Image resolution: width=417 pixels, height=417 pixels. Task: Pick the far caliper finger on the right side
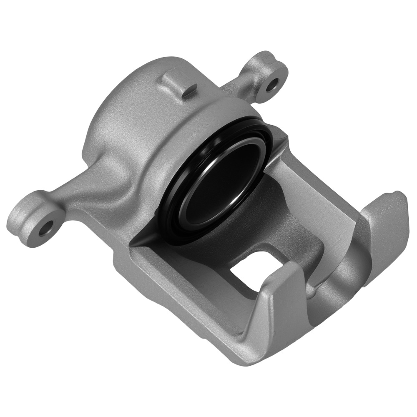(x=384, y=238)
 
